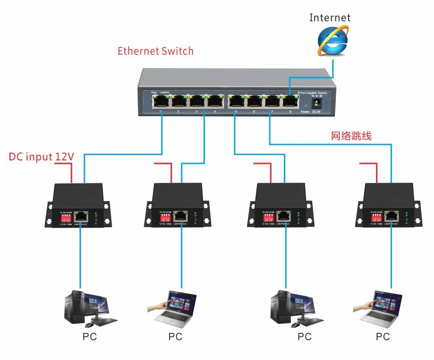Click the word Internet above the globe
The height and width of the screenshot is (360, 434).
click(330, 18)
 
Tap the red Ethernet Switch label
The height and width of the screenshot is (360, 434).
click(156, 51)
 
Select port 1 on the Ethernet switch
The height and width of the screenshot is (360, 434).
click(160, 101)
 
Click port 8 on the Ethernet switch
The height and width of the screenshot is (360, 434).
click(290, 102)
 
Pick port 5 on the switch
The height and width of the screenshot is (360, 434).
click(236, 102)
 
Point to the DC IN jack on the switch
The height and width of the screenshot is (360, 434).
click(316, 103)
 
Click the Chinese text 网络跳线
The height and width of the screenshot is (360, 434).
click(351, 136)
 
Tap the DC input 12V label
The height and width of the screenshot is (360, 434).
click(42, 157)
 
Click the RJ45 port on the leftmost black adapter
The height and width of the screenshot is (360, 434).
click(81, 215)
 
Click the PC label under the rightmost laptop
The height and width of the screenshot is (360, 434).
click(382, 337)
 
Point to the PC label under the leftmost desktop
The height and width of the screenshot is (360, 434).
click(90, 337)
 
